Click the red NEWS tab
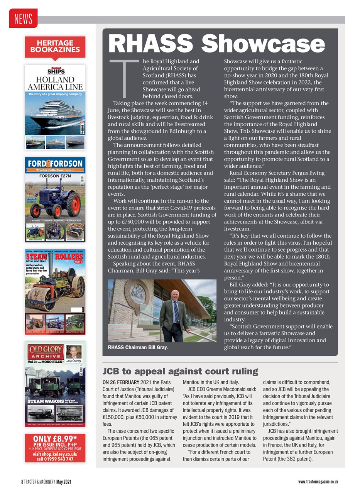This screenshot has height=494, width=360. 23,18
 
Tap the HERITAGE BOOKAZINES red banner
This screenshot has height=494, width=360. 55,46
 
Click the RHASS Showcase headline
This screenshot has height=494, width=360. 217,43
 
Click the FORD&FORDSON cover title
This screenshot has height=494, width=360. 55,163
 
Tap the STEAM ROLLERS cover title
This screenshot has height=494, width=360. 55,257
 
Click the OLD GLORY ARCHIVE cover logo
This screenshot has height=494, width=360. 45,352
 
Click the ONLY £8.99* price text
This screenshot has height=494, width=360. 55,439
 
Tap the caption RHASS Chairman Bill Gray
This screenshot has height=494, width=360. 138,347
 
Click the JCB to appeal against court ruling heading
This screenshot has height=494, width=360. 180,371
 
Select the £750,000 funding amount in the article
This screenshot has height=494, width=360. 131,222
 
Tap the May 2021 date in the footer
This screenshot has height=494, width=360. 64,482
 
